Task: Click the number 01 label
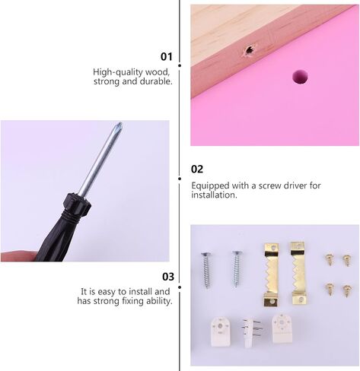click(167, 56)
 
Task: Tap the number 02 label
click(197, 169)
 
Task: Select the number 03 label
click(168, 277)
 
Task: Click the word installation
click(214, 195)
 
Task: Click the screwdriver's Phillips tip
click(119, 126)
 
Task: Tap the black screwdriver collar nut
click(78, 203)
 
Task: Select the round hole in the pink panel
click(300, 77)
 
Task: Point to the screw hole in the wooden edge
click(250, 50)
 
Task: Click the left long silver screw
click(206, 270)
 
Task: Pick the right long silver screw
click(237, 268)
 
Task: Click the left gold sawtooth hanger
click(271, 274)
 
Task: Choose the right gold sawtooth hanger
click(299, 273)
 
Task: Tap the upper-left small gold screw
click(329, 259)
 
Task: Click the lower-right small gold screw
click(347, 291)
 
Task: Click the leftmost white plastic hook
click(221, 332)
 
